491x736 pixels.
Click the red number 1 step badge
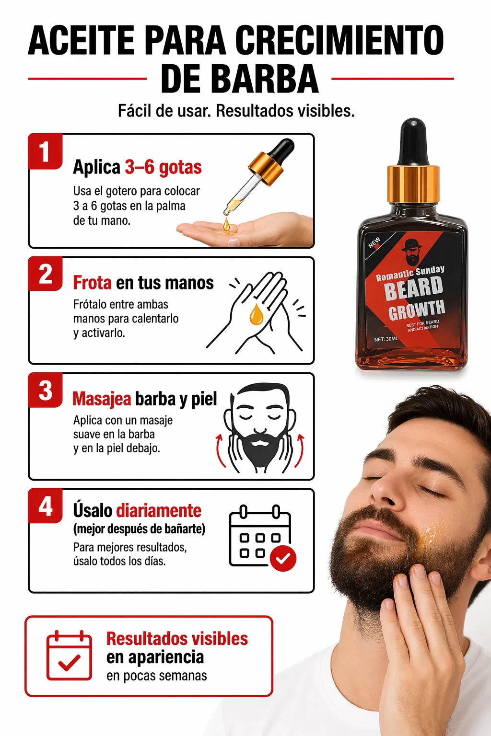point(45,151)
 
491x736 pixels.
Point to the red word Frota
point(92,283)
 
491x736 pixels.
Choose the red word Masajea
point(102,399)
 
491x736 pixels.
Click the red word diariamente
point(159,511)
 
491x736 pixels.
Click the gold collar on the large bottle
point(413,184)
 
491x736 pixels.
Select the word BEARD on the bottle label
point(413,288)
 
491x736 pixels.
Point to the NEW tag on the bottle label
point(374,242)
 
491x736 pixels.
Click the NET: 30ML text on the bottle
point(386,339)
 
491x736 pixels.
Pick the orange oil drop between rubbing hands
point(256,314)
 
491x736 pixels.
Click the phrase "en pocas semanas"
point(156,676)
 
